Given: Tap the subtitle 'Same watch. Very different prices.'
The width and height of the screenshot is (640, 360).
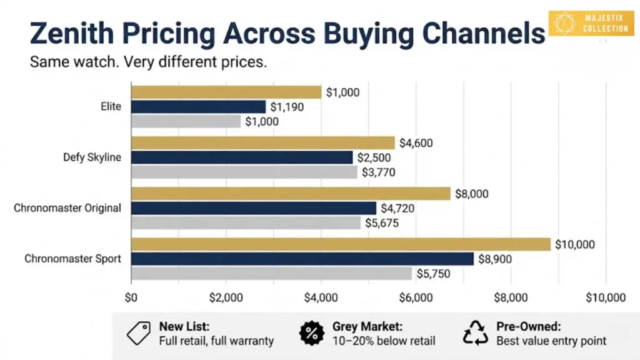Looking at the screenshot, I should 148,63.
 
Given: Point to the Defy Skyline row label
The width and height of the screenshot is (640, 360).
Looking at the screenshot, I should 92,157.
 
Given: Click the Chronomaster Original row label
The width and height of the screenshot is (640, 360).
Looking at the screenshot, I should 67,208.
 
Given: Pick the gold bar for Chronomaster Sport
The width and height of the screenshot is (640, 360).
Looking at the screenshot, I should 341,244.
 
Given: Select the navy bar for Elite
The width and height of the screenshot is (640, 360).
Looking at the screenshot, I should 198,107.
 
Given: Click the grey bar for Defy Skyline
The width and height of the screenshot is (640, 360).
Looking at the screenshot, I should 244,172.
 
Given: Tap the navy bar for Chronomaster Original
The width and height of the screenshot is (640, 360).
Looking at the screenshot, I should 254,208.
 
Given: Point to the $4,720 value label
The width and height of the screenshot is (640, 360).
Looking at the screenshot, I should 397,208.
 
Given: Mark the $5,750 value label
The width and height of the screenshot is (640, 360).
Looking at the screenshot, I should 433,274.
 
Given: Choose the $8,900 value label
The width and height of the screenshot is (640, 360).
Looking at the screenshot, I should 495,259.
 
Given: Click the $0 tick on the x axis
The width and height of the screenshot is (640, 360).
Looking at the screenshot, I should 131,297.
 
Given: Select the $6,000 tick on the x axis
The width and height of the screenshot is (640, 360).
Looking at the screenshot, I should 416,297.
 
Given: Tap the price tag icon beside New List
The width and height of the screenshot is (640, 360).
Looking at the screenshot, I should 139,334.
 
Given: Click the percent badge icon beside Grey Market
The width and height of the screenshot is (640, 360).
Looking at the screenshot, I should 312,334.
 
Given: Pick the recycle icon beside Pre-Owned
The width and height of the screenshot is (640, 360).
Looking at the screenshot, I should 475,334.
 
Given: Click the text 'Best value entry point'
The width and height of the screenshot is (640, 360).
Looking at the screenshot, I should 550,341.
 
